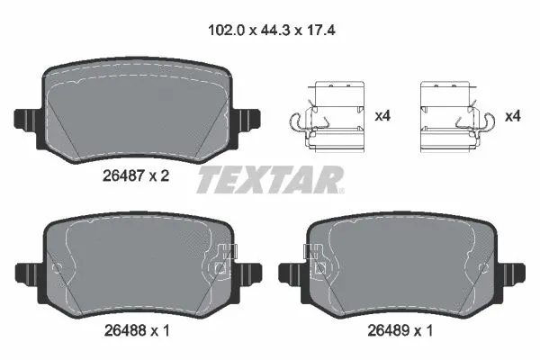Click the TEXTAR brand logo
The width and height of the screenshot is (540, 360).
pos(270,178)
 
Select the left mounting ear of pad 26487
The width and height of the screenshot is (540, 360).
pos(26,117)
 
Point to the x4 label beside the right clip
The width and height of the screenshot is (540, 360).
pos(512,116)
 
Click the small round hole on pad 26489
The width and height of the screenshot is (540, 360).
pos(486,267)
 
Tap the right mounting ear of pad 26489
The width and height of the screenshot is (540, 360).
pos(516,271)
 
